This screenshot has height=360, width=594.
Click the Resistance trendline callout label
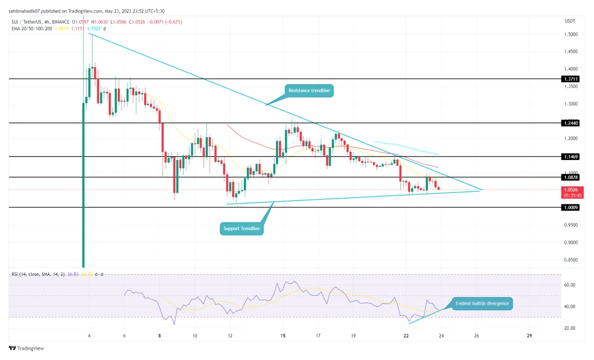309,90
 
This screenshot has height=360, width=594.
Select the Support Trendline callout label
241,228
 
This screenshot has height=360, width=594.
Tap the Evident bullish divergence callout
482,303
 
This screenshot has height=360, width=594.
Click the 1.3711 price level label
571,79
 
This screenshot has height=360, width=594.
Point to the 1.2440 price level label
571,123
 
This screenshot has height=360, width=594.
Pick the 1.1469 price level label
571,157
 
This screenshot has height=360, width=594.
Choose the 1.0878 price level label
571,178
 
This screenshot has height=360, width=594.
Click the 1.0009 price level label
571,207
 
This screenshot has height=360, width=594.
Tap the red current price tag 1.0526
571,189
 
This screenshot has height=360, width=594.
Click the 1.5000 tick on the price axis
571,35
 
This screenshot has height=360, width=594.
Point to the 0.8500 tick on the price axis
571,260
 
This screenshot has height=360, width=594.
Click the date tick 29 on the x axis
530,336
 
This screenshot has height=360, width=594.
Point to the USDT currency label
570,21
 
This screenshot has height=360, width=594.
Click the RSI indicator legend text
39,275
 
